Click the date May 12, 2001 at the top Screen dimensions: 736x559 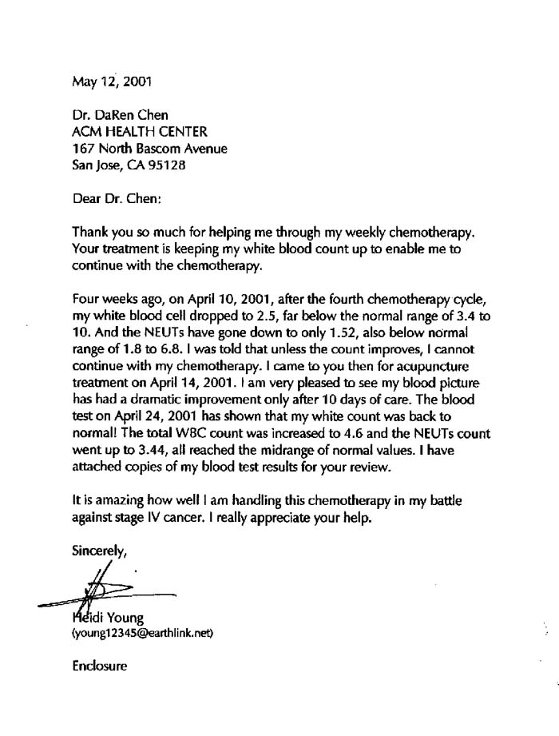pos(111,81)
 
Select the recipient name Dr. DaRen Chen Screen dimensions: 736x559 pos(120,115)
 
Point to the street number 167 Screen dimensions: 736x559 pos(83,149)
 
